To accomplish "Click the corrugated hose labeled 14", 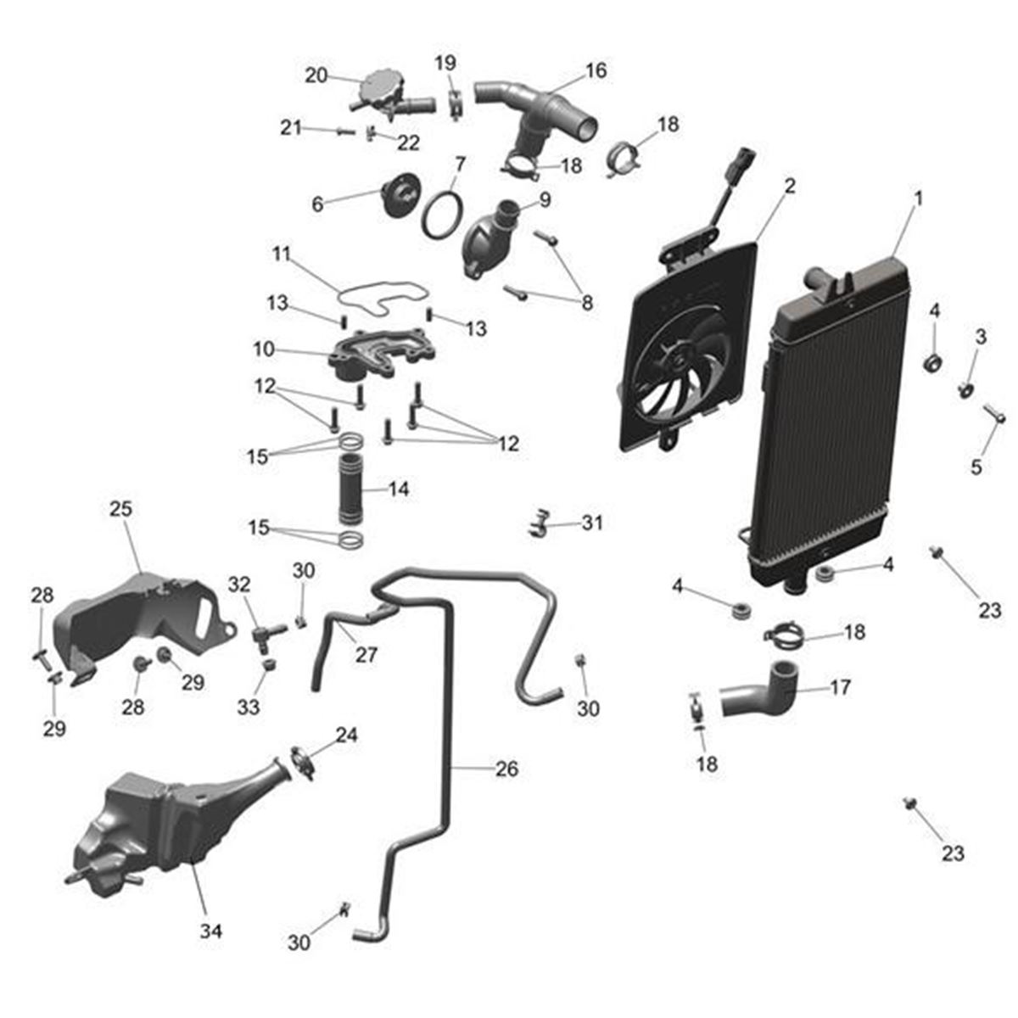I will [x=350, y=489].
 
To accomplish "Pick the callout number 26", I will [x=506, y=769].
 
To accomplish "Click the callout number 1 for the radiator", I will [x=917, y=199].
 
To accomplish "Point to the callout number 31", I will [x=591, y=523].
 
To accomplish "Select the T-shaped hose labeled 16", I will [x=543, y=115].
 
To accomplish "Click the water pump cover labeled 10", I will [x=373, y=356].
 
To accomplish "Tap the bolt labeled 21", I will [x=344, y=131].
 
